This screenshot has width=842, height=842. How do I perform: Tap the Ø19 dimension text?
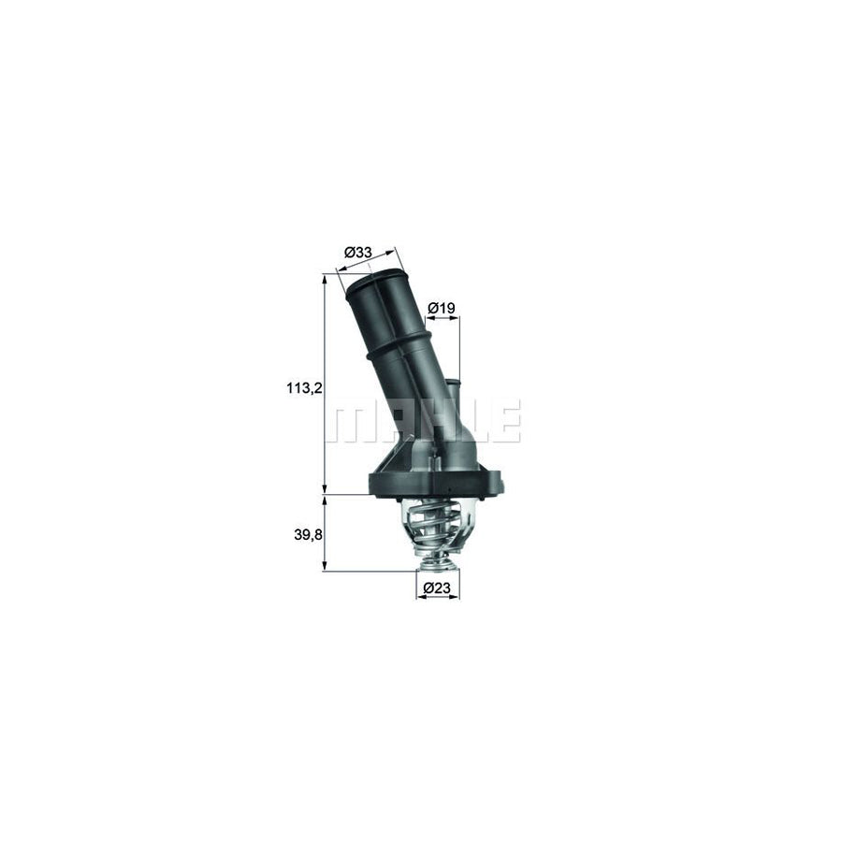pos(442,307)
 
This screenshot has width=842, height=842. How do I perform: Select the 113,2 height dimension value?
pos(304,387)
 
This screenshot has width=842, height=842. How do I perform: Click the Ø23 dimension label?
pos(437,588)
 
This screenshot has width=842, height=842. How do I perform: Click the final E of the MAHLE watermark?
pos(505,422)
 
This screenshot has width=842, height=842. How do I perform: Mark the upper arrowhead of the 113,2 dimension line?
pos(325,278)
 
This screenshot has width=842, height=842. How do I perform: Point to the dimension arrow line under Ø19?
pos(443,319)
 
